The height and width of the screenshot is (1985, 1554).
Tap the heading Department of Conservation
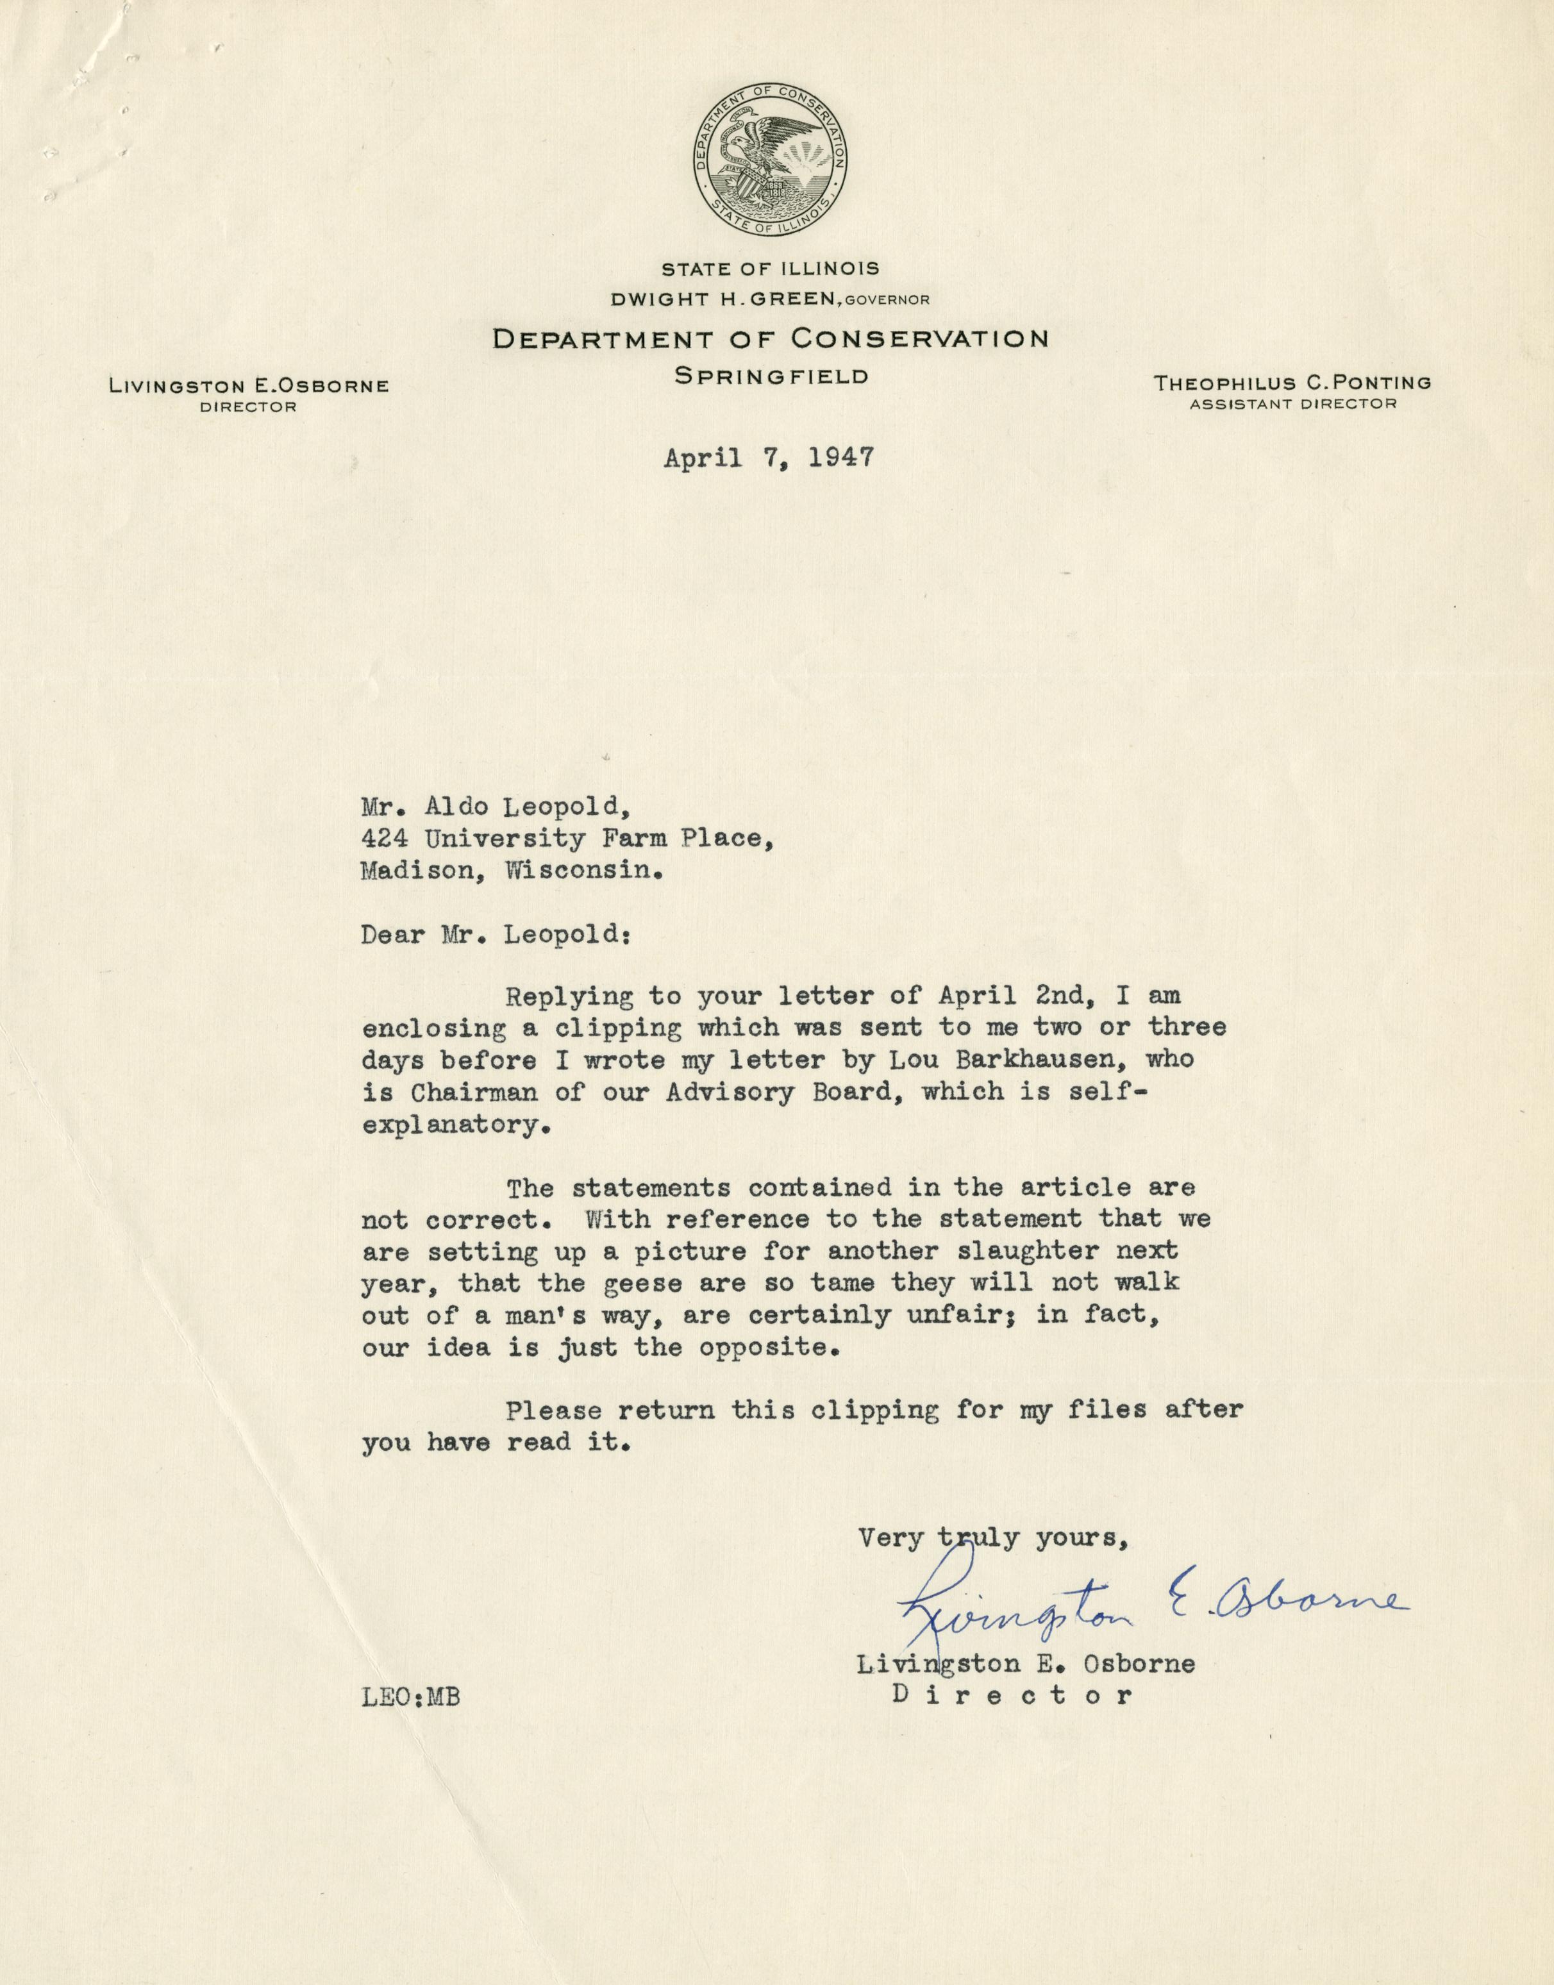coord(770,339)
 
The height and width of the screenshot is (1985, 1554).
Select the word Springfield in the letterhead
coord(771,376)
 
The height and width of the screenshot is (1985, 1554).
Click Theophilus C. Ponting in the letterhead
coord(1292,383)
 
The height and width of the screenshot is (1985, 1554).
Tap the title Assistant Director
coord(1292,404)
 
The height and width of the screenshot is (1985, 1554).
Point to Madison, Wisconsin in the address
coord(510,871)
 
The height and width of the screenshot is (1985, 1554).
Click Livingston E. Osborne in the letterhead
coord(248,386)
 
